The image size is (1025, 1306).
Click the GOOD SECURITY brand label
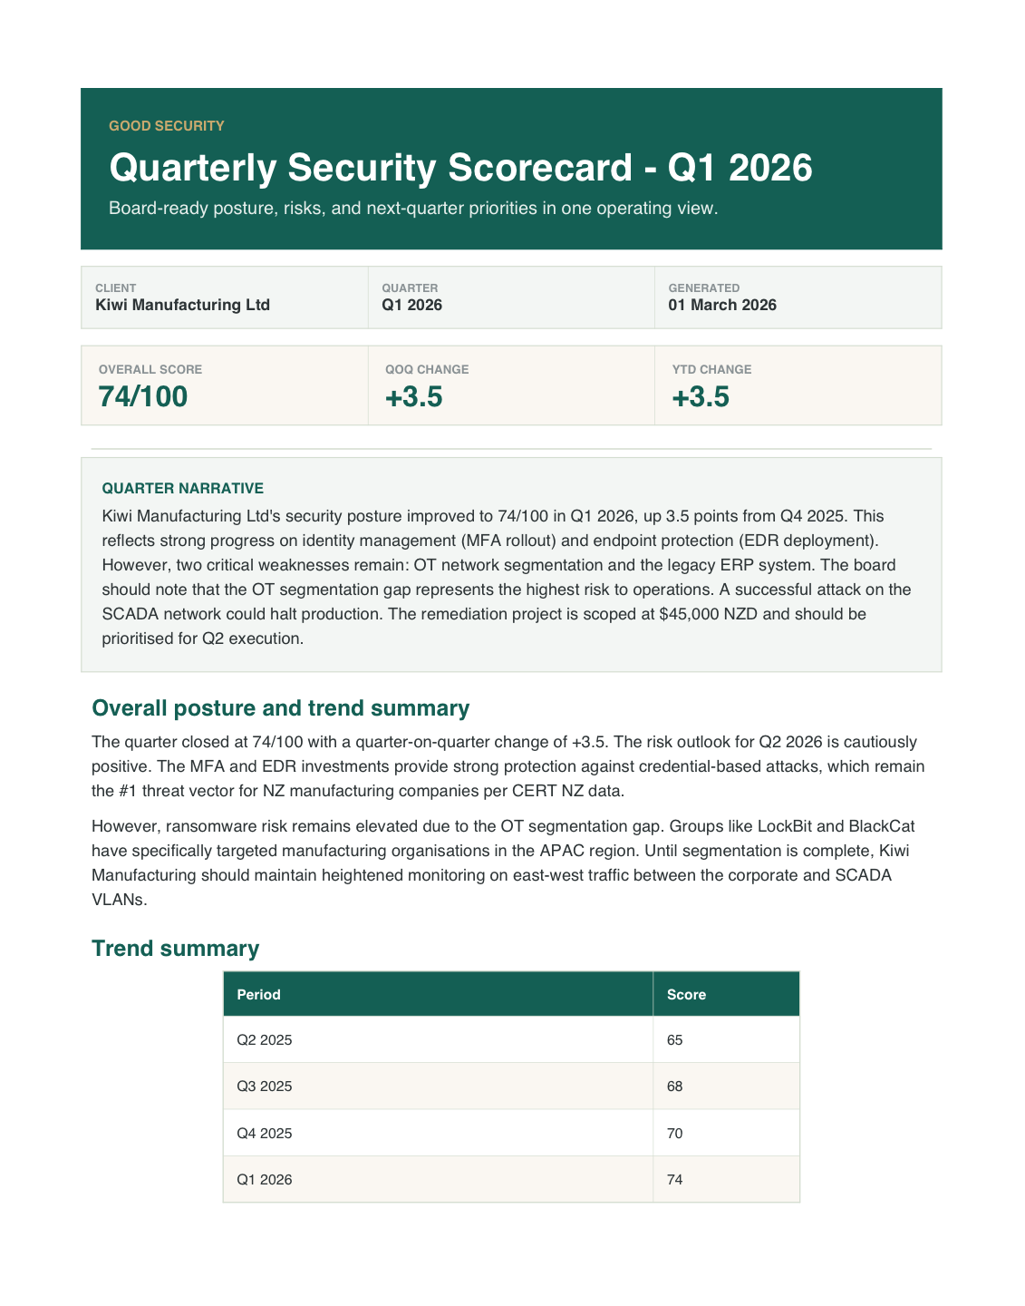[166, 126]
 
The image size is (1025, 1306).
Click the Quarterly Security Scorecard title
[460, 169]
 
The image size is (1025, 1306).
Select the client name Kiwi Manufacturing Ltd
[182, 305]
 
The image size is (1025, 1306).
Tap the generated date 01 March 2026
[722, 305]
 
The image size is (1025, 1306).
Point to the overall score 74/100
[143, 397]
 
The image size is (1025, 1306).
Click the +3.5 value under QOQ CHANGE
[413, 397]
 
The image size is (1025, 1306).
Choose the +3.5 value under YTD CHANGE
[701, 397]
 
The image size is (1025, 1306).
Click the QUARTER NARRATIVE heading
[182, 488]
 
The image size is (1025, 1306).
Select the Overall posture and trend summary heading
[281, 708]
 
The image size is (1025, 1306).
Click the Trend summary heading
[175, 949]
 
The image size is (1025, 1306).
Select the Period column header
[258, 995]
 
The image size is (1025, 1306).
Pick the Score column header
[686, 995]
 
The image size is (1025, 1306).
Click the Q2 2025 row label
[264, 1040]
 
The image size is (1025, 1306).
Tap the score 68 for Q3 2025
[674, 1087]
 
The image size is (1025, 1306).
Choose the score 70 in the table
[674, 1134]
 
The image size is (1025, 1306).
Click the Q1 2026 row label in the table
[264, 1180]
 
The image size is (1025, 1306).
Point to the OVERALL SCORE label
[150, 369]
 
